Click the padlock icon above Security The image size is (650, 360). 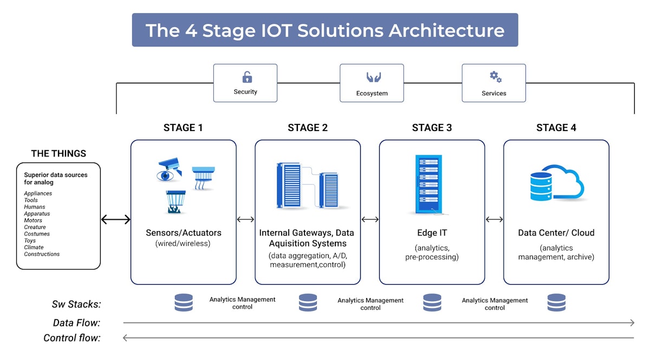coord(247,77)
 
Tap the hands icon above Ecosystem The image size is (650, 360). coord(373,77)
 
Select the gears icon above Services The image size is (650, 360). coord(496,77)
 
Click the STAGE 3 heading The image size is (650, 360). coord(432,128)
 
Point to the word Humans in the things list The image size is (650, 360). coord(35,207)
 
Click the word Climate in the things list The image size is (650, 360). coord(34,247)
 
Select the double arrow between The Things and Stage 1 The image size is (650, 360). coord(116,219)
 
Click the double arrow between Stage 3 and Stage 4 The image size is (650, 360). coord(494,219)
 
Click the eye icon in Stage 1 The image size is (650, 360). coord(165,176)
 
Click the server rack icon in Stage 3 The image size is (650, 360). coord(429,184)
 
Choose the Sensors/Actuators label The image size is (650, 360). coord(184,233)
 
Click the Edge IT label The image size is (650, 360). coord(432,233)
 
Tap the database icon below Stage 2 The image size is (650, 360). coord(308,303)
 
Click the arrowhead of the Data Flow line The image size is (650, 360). coord(632,323)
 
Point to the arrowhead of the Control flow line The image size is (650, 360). coord(125,338)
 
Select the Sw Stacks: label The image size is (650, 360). coord(76,304)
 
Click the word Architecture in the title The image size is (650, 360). coord(446,30)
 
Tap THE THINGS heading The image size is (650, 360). coord(58,153)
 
